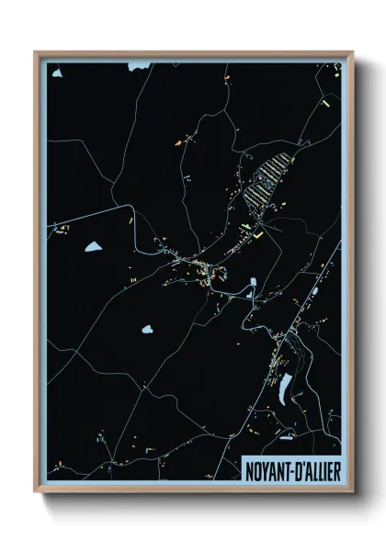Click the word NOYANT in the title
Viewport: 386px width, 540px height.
tap(267, 467)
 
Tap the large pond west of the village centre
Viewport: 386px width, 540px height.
tap(93, 246)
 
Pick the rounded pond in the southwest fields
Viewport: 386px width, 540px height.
tap(146, 327)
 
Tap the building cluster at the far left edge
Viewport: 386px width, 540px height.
tap(60, 229)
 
